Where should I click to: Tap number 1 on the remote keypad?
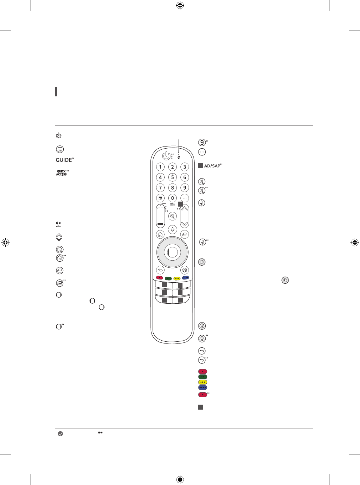[x=160, y=167]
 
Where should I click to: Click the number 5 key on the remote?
[x=173, y=177]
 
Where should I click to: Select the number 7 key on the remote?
[x=160, y=188]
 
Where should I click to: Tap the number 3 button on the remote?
[x=185, y=167]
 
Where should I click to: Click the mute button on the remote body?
[x=173, y=216]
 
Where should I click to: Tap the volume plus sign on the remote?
[x=160, y=209]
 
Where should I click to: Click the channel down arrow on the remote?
[x=185, y=224]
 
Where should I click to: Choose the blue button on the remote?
[x=185, y=278]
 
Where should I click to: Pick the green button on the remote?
[x=168, y=278]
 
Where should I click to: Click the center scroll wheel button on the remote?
[x=173, y=252]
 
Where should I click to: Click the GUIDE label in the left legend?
[x=64, y=160]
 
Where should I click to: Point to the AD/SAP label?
[x=213, y=166]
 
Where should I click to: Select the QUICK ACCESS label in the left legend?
[x=62, y=173]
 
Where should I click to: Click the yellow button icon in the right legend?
[x=202, y=382]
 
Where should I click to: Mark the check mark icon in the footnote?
[x=60, y=434]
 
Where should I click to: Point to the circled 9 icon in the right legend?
[x=202, y=143]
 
